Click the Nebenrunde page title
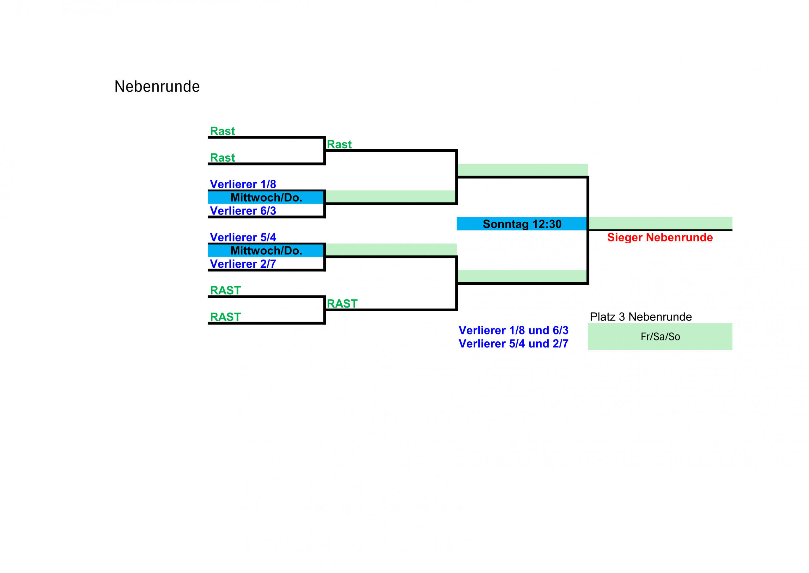click(x=157, y=86)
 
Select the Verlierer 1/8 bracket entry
click(x=243, y=184)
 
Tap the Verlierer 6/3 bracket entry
click(x=243, y=211)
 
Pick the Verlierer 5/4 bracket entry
click(x=243, y=237)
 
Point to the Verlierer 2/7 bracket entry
click(x=243, y=264)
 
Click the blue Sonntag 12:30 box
click(x=521, y=224)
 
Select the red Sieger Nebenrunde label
click(x=660, y=237)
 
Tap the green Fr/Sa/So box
click(x=660, y=337)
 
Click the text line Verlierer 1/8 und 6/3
click(x=514, y=330)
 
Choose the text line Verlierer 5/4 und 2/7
click(x=514, y=344)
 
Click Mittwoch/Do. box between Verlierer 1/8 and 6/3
click(x=266, y=197)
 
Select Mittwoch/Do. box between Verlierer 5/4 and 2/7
click(x=266, y=251)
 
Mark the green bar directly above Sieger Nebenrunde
click(x=660, y=223)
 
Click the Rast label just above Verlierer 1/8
click(x=222, y=158)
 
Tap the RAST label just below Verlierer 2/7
click(x=225, y=290)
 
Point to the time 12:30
click(x=547, y=224)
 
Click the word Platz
click(x=603, y=317)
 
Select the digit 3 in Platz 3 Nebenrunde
click(x=622, y=317)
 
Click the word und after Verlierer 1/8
click(x=539, y=330)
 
